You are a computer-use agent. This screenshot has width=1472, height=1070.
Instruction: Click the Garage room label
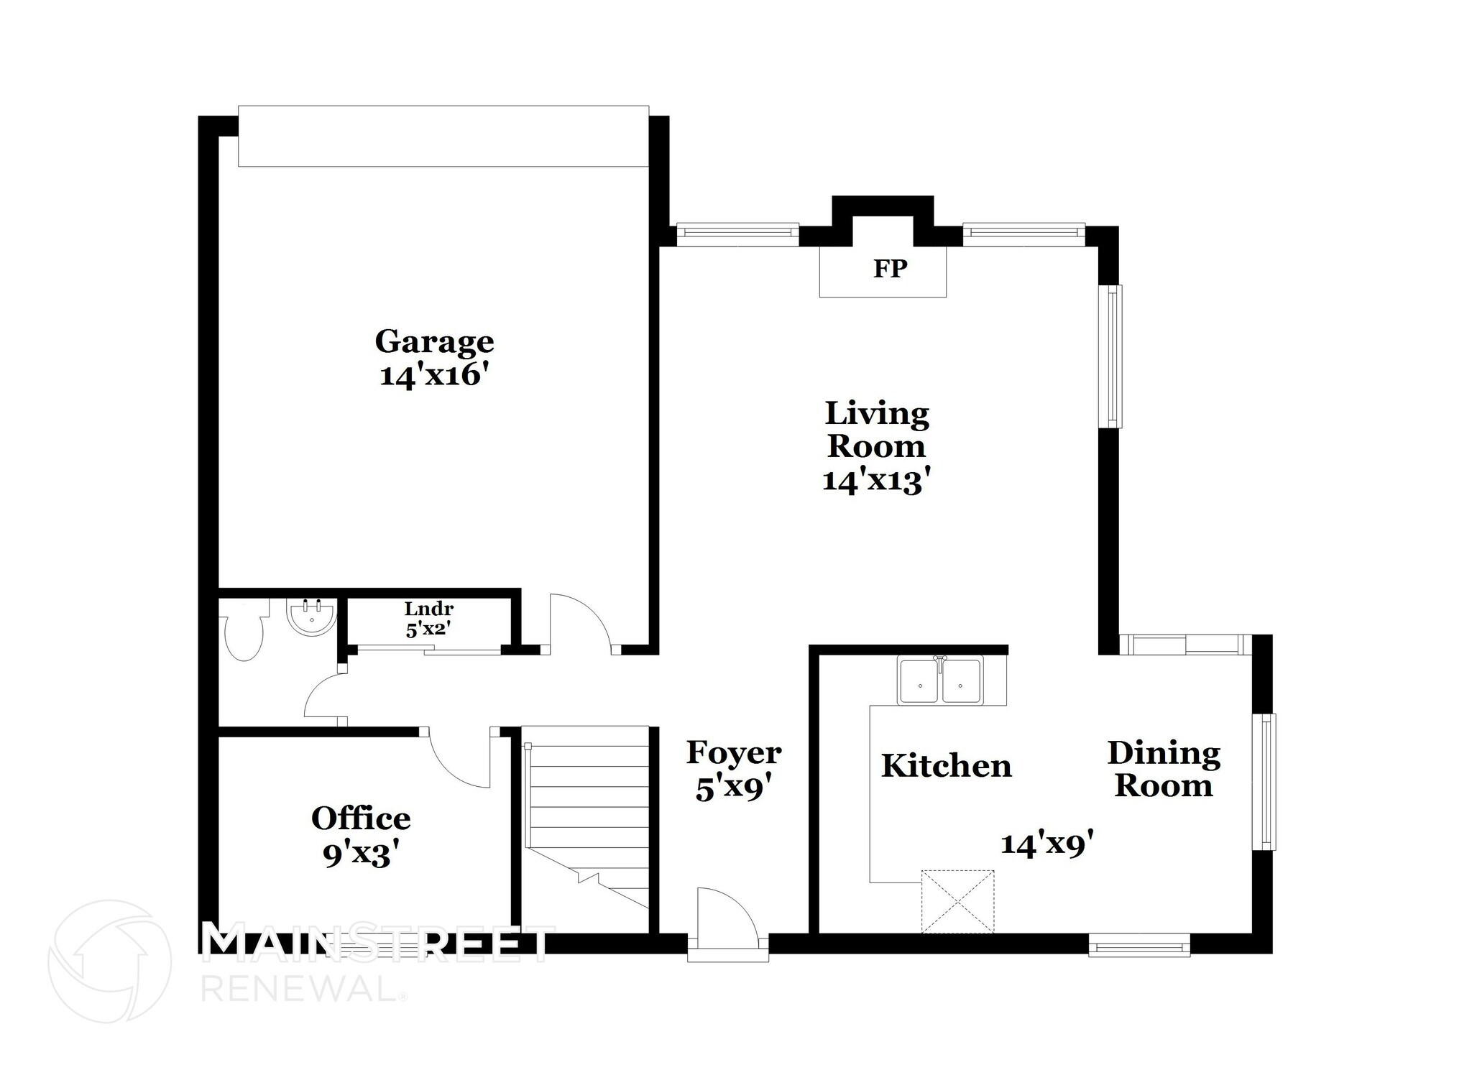[434, 342]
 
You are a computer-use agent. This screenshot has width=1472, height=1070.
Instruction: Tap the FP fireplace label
[890, 269]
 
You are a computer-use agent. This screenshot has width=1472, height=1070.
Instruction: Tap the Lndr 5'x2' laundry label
[428, 619]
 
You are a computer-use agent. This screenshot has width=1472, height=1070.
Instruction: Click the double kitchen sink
[940, 681]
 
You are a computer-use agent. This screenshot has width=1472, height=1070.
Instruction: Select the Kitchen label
[946, 766]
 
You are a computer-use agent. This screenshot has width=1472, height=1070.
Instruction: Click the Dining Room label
[1163, 769]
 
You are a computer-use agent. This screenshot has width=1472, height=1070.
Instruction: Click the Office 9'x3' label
[361, 836]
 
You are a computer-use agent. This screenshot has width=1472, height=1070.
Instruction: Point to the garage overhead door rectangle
[443, 137]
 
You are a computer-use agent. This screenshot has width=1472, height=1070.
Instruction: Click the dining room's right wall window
[1264, 782]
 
